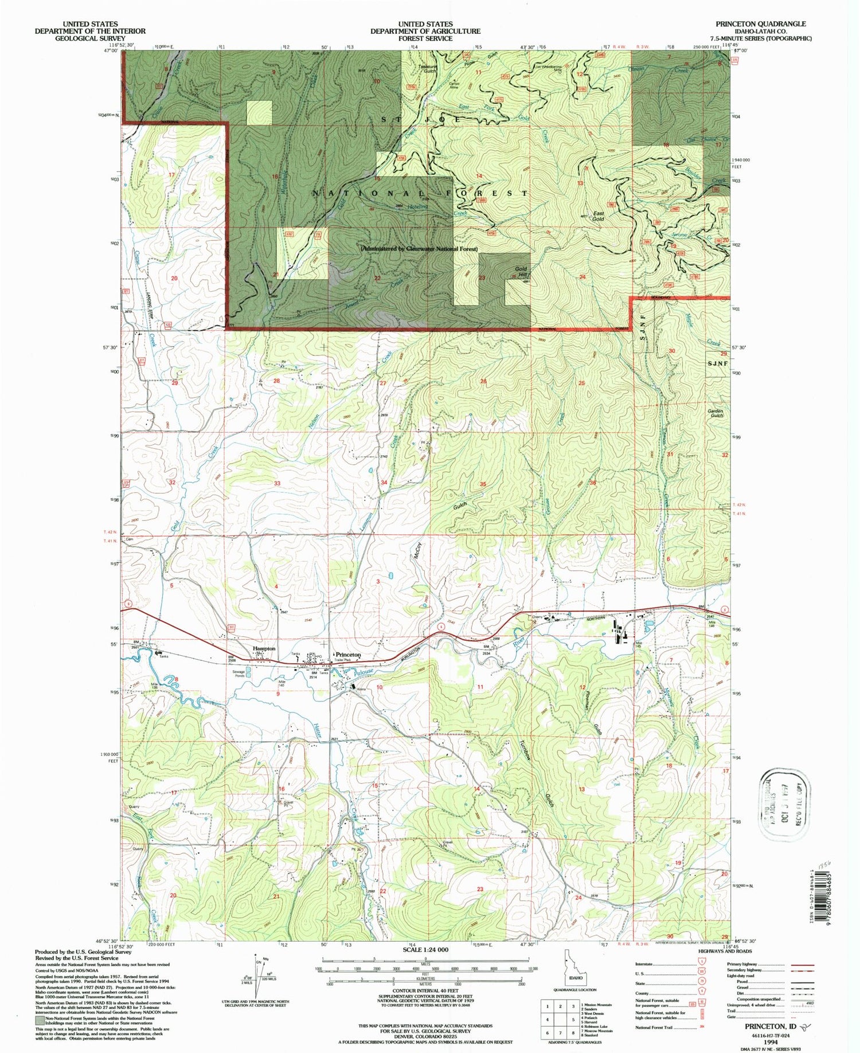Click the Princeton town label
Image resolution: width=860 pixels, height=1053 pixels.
pyautogui.click(x=348, y=655)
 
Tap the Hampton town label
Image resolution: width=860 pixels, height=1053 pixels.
pyautogui.click(x=264, y=648)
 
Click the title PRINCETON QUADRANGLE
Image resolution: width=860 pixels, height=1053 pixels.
pyautogui.click(x=760, y=24)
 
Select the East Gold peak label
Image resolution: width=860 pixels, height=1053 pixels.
pyautogui.click(x=598, y=216)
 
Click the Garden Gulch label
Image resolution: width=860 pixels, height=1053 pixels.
pyautogui.click(x=715, y=413)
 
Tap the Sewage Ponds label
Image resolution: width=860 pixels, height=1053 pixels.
pyautogui.click(x=239, y=674)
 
